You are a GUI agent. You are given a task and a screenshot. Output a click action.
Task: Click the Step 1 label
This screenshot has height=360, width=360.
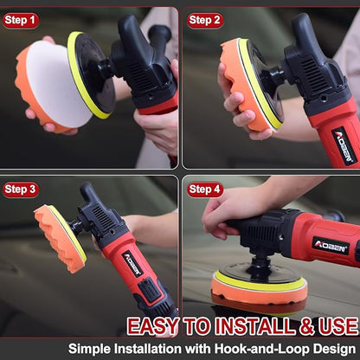(x=21, y=20)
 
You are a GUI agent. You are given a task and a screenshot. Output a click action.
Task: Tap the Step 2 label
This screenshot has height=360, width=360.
(x=204, y=20)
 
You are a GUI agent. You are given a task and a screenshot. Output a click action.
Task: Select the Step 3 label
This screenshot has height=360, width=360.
(x=21, y=189)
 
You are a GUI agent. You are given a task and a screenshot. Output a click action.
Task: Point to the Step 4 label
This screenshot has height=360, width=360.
(x=204, y=189)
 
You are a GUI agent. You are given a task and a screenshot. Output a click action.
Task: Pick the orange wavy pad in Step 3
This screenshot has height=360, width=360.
(x=54, y=237)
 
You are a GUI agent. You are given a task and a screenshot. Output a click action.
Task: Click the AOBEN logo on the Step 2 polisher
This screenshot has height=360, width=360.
(x=344, y=144)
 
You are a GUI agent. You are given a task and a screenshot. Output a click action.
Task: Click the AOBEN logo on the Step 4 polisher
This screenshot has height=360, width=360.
(x=331, y=246)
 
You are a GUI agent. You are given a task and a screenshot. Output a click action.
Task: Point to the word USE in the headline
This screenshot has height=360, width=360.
(x=336, y=326)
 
